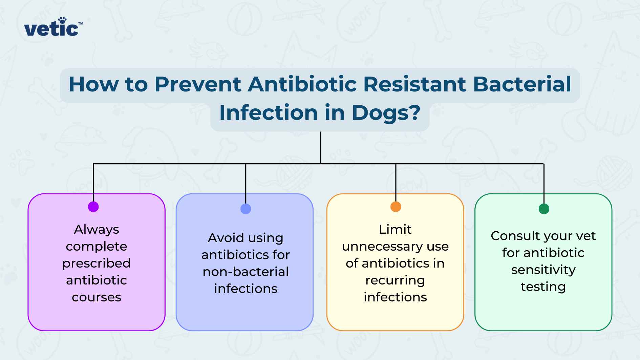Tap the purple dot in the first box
[93, 207]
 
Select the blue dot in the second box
[246, 209]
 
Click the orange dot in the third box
[396, 207]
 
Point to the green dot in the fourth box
[544, 209]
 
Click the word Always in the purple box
[97, 230]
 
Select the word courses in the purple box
[97, 297]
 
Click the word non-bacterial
[246, 272]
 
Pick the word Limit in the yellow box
[395, 230]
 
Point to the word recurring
[395, 280]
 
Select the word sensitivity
[543, 270]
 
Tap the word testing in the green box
[543, 287]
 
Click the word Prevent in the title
[198, 84]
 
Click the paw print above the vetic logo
[63, 20]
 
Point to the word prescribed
[97, 263]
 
